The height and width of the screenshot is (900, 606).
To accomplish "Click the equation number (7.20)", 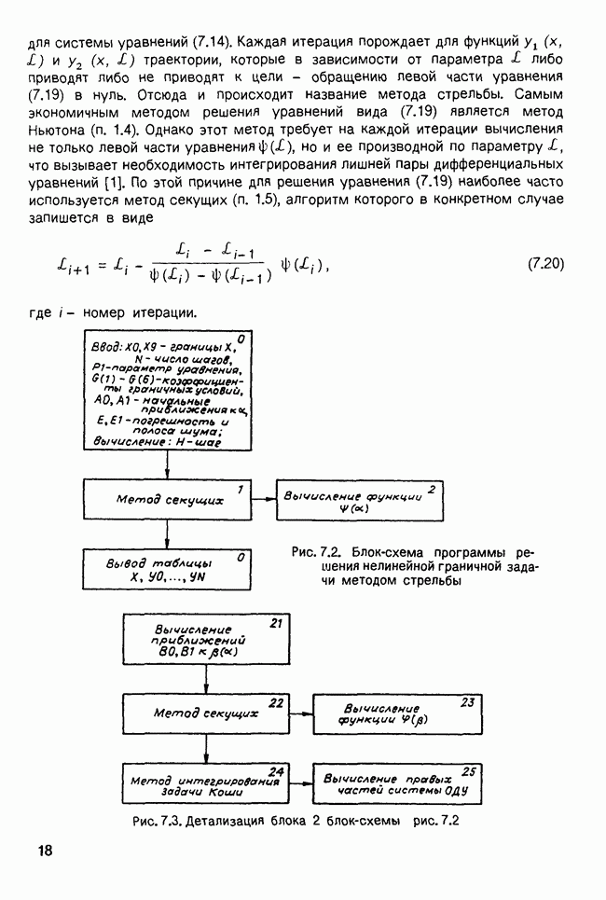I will [x=546, y=264].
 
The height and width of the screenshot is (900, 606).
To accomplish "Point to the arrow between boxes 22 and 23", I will [x=301, y=714].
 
